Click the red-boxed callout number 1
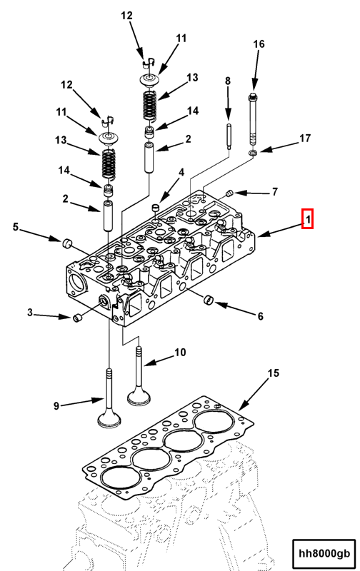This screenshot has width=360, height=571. (307, 218)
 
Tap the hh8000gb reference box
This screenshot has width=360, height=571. (324, 553)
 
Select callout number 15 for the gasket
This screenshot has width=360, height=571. (274, 373)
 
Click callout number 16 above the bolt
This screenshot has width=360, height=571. (259, 44)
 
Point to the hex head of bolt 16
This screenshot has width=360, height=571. (254, 97)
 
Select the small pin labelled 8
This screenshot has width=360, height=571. (228, 137)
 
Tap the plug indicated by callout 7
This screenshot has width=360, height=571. (229, 193)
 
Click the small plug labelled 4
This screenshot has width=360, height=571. (156, 208)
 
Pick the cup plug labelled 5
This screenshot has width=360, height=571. (66, 243)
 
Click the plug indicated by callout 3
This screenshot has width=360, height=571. (78, 318)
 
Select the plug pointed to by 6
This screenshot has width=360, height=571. (209, 300)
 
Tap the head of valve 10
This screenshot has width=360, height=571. (139, 397)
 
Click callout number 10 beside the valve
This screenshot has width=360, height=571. (180, 353)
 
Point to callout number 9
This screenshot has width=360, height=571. (56, 405)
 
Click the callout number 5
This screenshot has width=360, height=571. (15, 227)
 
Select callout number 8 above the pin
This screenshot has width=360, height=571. (228, 81)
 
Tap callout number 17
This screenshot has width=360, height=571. (305, 138)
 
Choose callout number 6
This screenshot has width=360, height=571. (260, 316)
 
